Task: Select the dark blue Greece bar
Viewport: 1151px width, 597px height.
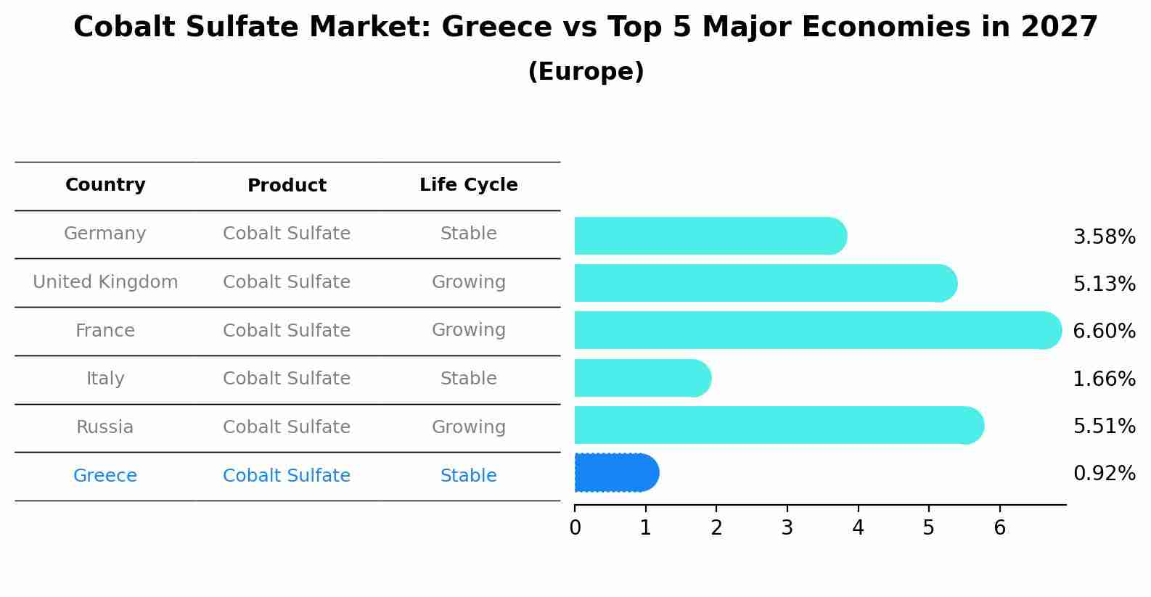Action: coord(616,473)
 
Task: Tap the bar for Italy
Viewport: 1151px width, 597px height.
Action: coord(642,378)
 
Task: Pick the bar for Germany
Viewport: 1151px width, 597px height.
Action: coord(710,236)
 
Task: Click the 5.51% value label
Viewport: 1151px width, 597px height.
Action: coord(1104,426)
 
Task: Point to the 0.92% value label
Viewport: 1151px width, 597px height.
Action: coord(1104,474)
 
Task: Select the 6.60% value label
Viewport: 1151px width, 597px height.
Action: coord(1104,332)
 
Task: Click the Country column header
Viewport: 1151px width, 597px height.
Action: coord(105,185)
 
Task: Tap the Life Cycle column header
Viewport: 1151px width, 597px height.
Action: coord(468,185)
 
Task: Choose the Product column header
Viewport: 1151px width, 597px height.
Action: coord(287,186)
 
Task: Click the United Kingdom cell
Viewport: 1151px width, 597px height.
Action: coord(105,282)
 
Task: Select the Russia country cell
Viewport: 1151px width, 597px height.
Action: coord(105,427)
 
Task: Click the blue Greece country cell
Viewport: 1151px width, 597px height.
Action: coord(105,476)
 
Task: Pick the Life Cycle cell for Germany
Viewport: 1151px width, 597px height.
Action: coord(468,234)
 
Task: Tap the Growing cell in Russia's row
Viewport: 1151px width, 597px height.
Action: coord(468,427)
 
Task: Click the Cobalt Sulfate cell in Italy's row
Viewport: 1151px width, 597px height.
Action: coord(287,379)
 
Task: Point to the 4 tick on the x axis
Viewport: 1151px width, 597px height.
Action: coord(858,527)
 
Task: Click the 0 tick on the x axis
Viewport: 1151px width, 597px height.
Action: coord(575,527)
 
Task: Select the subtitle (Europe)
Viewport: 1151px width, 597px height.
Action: coord(586,72)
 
